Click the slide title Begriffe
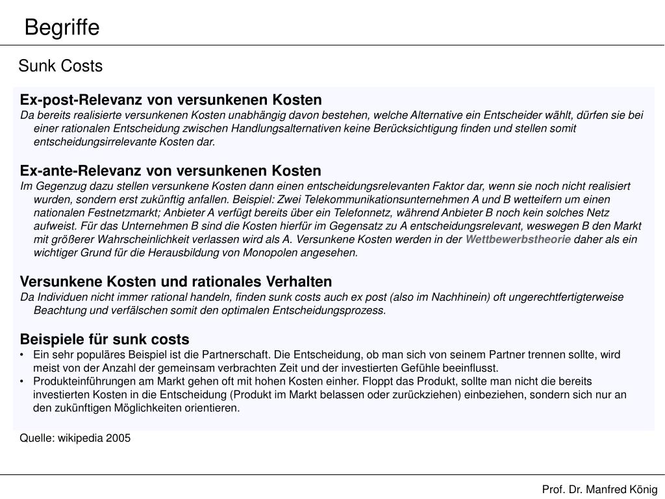[x=62, y=28]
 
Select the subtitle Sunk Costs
[x=60, y=66]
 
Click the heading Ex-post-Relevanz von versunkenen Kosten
[x=171, y=100]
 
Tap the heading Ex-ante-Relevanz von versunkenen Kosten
[x=171, y=171]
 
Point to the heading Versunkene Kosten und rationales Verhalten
[x=176, y=282]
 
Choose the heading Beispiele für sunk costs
[x=105, y=339]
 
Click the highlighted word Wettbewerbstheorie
[x=518, y=239]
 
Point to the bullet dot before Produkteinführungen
[x=23, y=381]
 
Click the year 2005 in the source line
[x=118, y=439]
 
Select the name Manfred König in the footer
[x=622, y=489]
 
